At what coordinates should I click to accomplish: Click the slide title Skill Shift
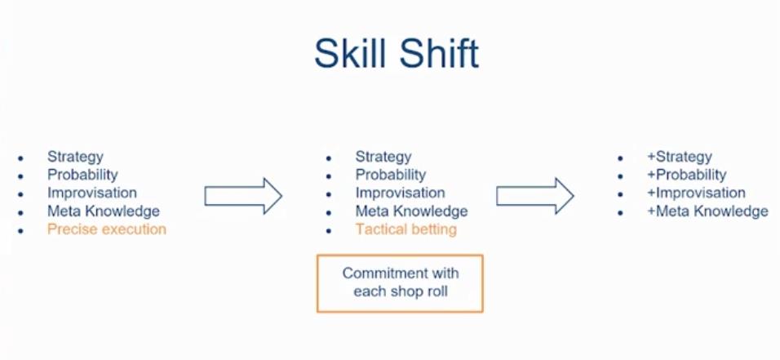tap(397, 53)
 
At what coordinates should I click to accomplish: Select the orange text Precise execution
tap(107, 229)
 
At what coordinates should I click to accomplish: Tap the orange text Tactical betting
tap(406, 229)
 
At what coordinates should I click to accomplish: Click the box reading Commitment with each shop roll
tap(400, 283)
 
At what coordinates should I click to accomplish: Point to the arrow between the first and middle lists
tap(243, 196)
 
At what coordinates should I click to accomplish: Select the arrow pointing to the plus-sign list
tap(535, 196)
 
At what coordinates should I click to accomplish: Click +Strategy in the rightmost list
tap(680, 157)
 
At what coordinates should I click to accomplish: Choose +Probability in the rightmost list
tap(686, 175)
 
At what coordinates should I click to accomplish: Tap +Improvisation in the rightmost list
tap(697, 193)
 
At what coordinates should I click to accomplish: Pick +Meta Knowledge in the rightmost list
tap(707, 211)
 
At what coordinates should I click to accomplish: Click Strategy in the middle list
tap(383, 157)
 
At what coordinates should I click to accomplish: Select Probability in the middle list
tap(391, 175)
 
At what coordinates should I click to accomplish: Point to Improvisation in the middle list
tap(400, 193)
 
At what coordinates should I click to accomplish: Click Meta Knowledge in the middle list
tap(411, 211)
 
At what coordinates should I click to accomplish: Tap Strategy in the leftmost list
tap(75, 157)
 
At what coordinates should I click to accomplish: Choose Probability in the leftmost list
tap(82, 175)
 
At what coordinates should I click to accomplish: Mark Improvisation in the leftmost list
tap(92, 193)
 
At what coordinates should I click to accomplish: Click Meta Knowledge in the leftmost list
tap(104, 211)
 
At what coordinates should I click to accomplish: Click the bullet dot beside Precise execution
tap(20, 231)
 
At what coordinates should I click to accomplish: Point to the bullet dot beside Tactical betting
tap(328, 231)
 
